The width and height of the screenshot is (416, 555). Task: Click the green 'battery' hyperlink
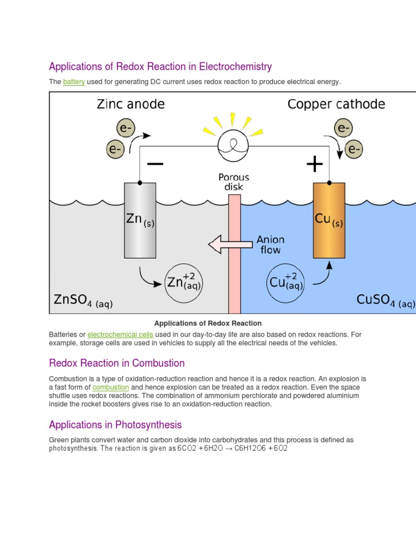74,82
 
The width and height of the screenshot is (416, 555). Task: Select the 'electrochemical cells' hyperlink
120,334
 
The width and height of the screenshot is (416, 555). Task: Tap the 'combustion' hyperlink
110,388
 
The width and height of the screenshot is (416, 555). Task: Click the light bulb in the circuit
232,145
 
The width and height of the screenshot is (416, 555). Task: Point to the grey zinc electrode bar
140,220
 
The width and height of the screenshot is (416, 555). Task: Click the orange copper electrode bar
329,220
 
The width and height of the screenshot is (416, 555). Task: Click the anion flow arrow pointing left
230,244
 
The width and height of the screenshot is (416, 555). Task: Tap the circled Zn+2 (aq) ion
183,283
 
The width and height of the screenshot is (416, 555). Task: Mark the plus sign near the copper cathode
315,164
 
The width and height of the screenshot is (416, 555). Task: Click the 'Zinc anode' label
131,104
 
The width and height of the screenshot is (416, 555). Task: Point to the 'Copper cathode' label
336,104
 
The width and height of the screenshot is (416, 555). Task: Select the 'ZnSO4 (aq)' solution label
83,301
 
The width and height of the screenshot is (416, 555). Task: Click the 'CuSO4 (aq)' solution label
386,301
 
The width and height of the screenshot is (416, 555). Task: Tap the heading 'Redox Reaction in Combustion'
116,363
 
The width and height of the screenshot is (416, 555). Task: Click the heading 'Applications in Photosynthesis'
115,424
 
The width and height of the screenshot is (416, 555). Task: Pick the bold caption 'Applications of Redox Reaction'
208,323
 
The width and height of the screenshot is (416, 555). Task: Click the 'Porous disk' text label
234,182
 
